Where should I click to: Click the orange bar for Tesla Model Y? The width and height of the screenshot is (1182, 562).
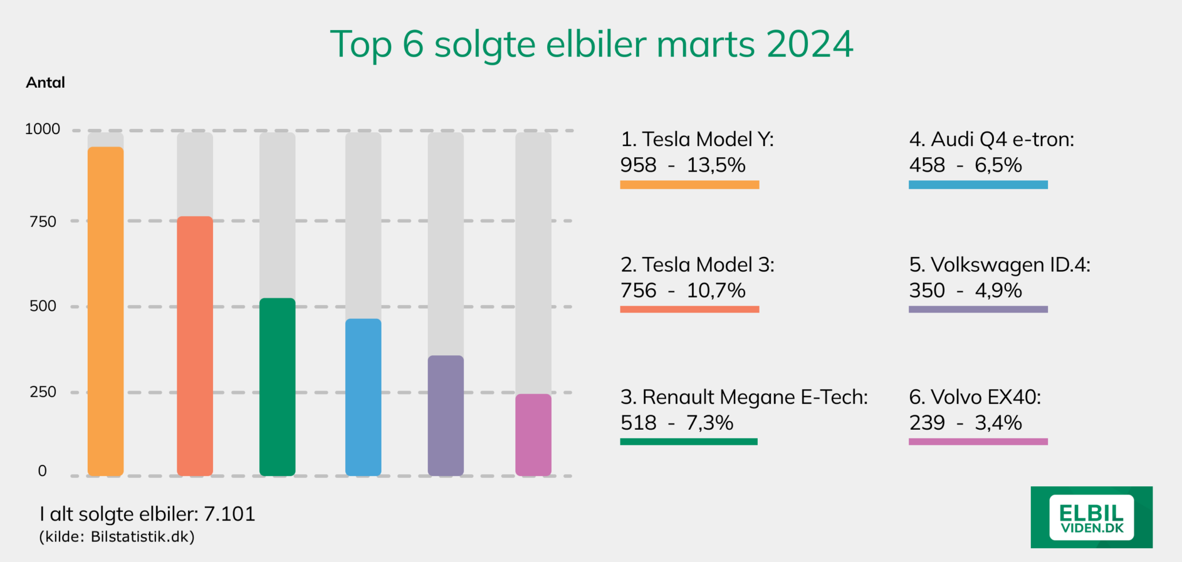(106, 312)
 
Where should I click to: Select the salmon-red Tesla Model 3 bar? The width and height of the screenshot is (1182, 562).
(194, 347)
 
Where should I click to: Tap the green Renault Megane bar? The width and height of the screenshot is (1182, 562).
(277, 387)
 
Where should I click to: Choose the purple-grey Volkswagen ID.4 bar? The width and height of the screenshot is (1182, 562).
(446, 416)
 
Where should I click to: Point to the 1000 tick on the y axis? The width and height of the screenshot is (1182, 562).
(43, 129)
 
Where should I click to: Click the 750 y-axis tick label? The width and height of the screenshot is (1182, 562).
(43, 222)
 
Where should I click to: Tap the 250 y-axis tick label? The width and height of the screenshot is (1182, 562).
(43, 392)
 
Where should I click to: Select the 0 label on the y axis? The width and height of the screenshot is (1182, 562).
(42, 471)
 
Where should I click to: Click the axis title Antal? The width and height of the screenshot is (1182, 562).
(46, 83)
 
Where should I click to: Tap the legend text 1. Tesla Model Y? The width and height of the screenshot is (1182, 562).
(697, 139)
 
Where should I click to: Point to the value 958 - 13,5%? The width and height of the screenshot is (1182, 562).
(683, 165)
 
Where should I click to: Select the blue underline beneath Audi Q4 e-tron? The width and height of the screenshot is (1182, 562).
(978, 185)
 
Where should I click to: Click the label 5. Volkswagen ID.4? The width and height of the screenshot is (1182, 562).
(1000, 265)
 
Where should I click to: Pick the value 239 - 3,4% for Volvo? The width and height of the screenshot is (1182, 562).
(965, 423)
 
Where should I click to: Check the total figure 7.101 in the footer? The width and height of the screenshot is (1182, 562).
(229, 513)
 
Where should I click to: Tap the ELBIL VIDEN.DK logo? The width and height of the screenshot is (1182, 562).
(1091, 517)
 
